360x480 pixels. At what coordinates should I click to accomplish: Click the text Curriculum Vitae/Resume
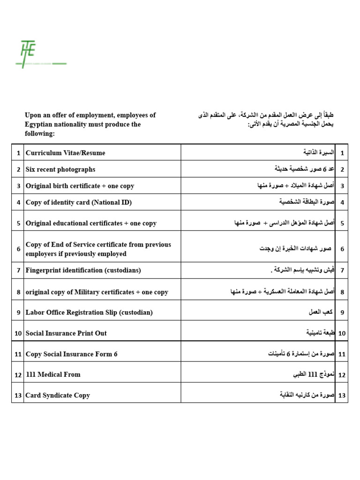65,153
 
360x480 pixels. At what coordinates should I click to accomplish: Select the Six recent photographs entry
60,169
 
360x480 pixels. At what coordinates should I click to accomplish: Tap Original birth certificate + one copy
80,186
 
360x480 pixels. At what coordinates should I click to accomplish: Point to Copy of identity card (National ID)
79,202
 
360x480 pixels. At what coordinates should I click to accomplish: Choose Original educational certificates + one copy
91,224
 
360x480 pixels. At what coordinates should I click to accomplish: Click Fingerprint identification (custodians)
83,270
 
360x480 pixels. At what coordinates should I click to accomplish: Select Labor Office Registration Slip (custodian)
89,312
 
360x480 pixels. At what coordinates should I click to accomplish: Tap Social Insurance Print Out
66,333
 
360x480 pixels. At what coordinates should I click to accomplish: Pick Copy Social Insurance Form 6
71,354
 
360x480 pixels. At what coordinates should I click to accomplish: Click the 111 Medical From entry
53,375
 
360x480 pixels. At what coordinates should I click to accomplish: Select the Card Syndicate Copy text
58,396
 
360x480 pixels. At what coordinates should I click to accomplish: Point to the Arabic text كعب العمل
321,312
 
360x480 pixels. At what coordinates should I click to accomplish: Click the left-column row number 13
18,396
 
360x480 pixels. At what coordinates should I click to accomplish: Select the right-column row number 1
342,153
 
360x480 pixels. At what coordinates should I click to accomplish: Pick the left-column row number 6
18,249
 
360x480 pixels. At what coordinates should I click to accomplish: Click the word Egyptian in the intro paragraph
41,125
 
